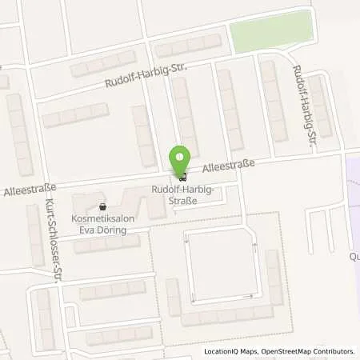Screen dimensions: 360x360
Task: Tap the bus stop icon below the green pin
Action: pos(182,177)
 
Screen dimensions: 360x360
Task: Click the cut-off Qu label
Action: pos(354,258)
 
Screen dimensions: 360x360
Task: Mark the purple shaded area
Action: pos(353,208)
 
